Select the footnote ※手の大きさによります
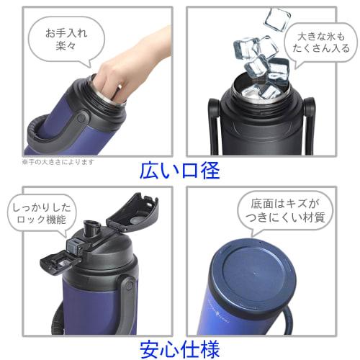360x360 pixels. pyautogui.click(x=58, y=161)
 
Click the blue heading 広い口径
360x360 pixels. pyautogui.click(x=180, y=171)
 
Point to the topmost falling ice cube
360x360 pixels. pyautogui.click(x=276, y=19)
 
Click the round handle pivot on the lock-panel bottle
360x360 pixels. pyautogui.click(x=127, y=287)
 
